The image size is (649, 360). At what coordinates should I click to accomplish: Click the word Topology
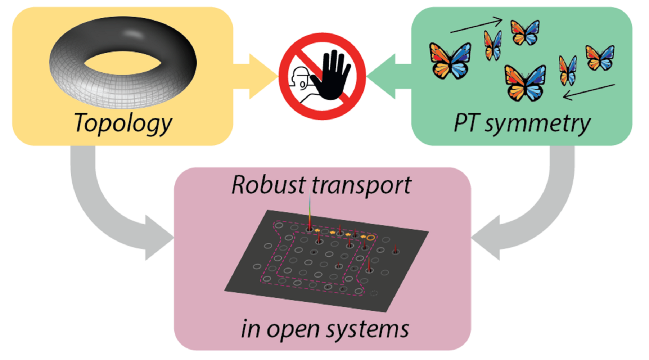123,123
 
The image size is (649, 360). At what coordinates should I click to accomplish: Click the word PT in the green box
465,123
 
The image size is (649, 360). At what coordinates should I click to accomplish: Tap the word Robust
268,185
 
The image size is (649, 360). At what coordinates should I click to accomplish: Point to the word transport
361,186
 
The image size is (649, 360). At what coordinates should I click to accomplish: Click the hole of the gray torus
122,63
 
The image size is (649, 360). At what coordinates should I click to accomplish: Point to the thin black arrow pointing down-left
589,91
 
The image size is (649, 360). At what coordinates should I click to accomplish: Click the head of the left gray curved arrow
157,238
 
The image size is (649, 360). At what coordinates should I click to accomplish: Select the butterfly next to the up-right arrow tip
525,32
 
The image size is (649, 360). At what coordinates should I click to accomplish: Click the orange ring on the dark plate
371,238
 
